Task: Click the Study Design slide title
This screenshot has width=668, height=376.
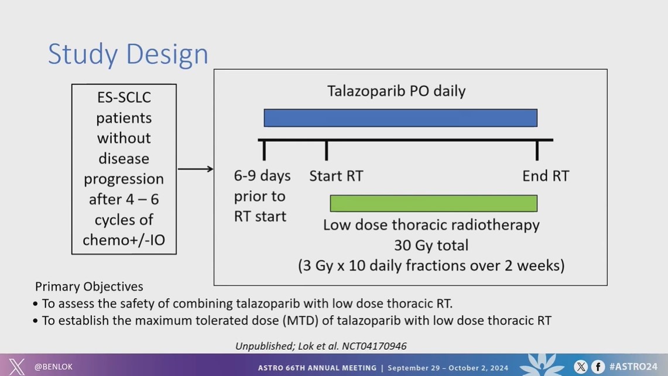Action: (x=128, y=54)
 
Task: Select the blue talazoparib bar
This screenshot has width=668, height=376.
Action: (x=400, y=118)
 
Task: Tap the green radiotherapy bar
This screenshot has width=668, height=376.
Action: (x=433, y=203)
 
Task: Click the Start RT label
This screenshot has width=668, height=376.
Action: (x=336, y=176)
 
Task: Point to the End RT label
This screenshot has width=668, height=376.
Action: (x=545, y=176)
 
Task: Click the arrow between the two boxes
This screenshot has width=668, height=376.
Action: (x=196, y=169)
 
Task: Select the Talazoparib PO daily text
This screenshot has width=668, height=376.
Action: (x=396, y=91)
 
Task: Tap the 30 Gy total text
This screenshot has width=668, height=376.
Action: (x=431, y=245)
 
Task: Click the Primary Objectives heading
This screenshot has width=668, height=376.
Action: (x=89, y=286)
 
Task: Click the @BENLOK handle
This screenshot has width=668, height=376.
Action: (x=53, y=367)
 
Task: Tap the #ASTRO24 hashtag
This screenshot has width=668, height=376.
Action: (x=633, y=367)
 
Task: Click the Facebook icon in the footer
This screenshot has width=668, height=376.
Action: (x=598, y=367)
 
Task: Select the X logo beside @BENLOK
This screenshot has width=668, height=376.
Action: (x=16, y=367)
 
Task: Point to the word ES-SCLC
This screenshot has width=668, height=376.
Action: (x=124, y=98)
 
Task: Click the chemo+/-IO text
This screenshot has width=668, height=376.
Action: (x=124, y=241)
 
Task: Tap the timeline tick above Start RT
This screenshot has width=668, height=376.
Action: (x=326, y=150)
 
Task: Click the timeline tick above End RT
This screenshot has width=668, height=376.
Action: (x=537, y=150)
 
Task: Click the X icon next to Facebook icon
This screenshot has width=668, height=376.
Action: (x=581, y=367)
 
